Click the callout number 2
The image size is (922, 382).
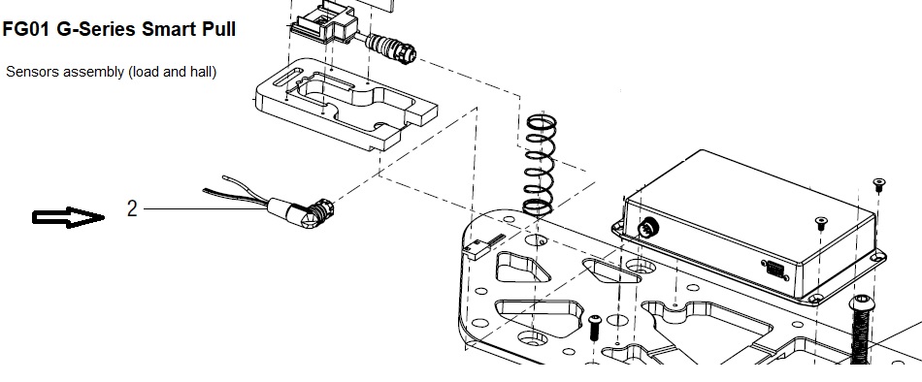[132, 208]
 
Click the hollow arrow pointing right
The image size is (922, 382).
[68, 217]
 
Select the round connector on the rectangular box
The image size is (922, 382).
[649, 226]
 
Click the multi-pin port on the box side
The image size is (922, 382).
[775, 271]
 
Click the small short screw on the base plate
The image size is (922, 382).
[595, 327]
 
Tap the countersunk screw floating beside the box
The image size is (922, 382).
[878, 184]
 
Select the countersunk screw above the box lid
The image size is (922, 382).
[821, 223]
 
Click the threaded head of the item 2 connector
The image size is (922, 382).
[320, 212]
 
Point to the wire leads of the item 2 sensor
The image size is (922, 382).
[237, 190]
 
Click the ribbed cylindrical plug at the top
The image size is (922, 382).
[390, 48]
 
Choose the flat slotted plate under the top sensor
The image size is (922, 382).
[346, 104]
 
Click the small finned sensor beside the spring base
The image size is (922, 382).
[483, 246]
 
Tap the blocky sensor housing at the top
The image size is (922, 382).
[325, 23]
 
